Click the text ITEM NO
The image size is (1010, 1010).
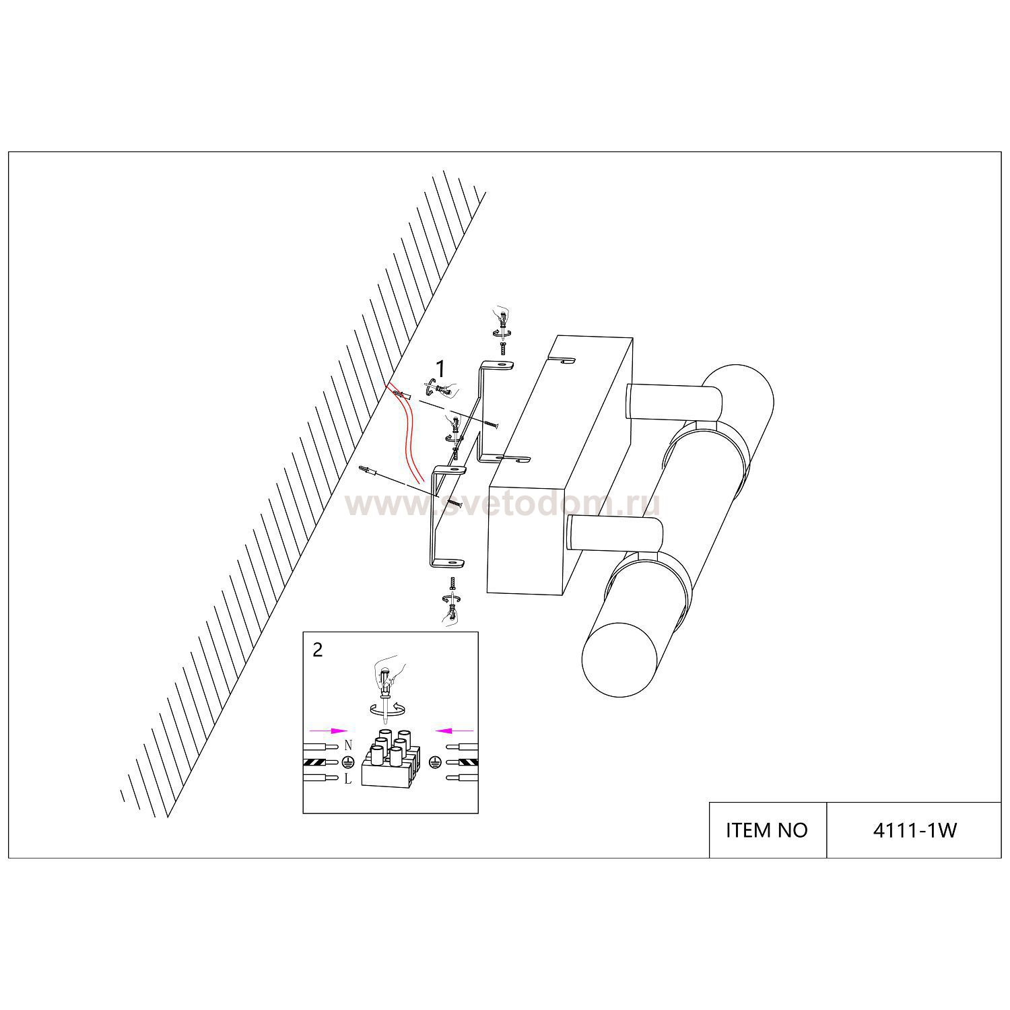pos(766,830)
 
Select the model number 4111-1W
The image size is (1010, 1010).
pos(914,830)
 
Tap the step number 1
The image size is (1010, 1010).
pos(440,369)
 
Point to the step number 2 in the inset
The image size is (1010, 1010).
pos(318,650)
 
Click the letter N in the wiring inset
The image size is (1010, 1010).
pos(348,745)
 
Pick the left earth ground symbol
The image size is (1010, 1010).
pos(348,762)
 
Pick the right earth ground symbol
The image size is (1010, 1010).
pos(435,762)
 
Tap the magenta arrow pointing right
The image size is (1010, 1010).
pos(327,730)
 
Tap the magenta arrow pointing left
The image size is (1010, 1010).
pos(455,730)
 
